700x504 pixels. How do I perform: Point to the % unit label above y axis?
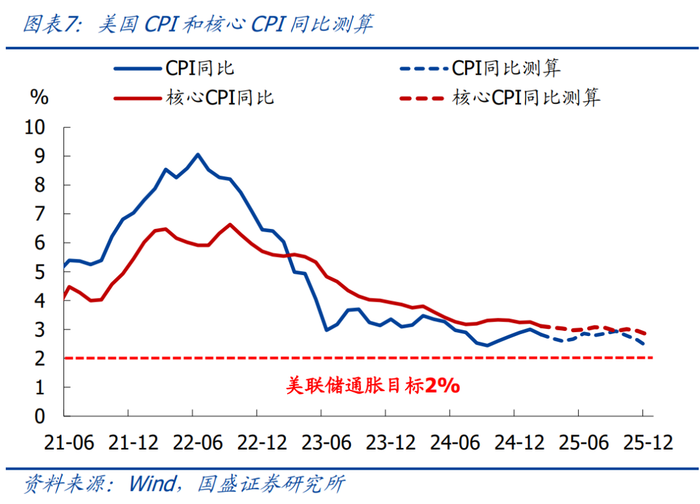[40, 98]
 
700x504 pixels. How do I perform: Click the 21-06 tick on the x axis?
[69, 444]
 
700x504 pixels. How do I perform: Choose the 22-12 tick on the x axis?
[263, 444]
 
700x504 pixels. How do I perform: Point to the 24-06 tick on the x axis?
[456, 444]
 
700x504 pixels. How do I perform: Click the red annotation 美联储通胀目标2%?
[373, 386]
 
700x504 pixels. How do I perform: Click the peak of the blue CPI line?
[198, 154]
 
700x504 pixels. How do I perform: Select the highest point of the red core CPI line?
[230, 224]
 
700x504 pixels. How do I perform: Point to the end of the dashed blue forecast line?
[644, 344]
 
